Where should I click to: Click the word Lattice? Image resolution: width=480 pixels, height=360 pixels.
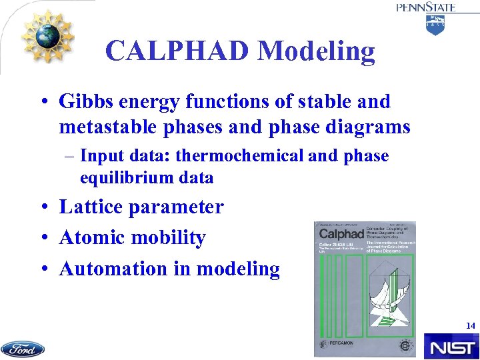pyautogui.click(x=91, y=207)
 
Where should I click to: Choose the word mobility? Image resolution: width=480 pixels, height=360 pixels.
pyautogui.click(x=167, y=237)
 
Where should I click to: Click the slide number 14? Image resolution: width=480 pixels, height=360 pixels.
pyautogui.click(x=471, y=326)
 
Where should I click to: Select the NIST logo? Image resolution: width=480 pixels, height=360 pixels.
pyautogui.click(x=451, y=347)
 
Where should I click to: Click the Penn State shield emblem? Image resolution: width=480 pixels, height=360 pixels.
pyautogui.click(x=435, y=25)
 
